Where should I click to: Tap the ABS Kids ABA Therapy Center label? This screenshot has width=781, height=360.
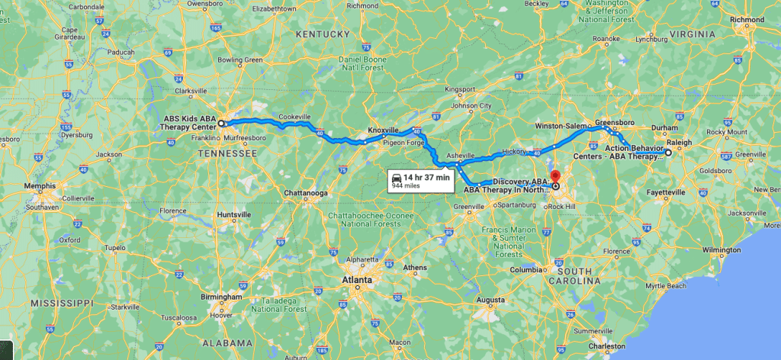click(190, 123)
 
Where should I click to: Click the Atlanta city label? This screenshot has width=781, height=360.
click(356, 280)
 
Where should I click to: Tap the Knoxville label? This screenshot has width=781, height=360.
click(384, 130)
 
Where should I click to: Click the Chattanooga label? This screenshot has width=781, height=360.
click(306, 193)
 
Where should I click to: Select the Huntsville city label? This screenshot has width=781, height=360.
click(233, 215)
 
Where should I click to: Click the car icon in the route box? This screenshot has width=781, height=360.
click(397, 177)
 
